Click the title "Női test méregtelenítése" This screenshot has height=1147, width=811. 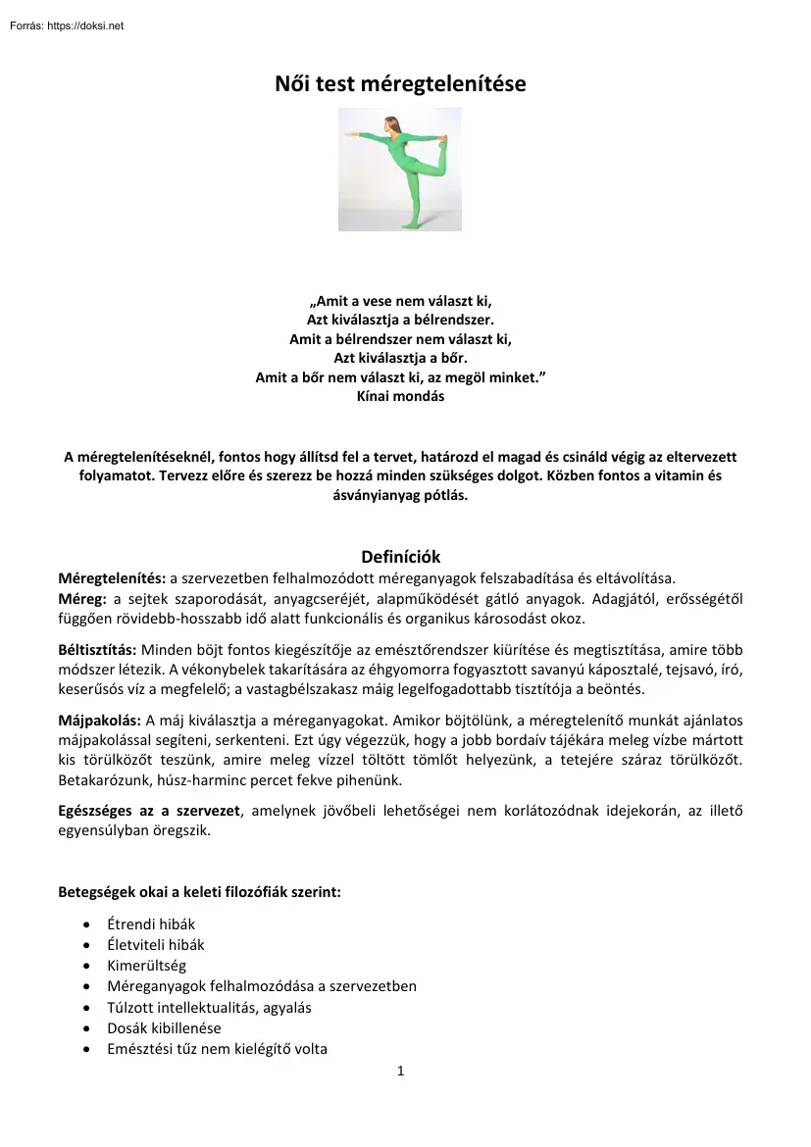400,85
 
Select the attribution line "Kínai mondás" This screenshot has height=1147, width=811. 401,397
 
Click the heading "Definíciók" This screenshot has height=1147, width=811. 401,557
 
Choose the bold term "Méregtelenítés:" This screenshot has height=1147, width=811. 113,577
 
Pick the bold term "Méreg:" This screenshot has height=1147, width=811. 86,599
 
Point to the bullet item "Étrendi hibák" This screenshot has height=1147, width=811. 151,924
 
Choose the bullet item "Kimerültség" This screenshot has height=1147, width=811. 146,966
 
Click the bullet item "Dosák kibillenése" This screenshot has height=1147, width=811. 164,1028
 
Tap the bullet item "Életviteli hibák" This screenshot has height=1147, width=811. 156,945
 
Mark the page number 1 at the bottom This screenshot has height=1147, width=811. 401,1072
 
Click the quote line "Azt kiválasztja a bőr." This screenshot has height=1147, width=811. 401,358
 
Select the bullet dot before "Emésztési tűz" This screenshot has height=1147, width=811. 89,1050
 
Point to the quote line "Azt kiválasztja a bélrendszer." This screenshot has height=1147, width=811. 401,319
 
